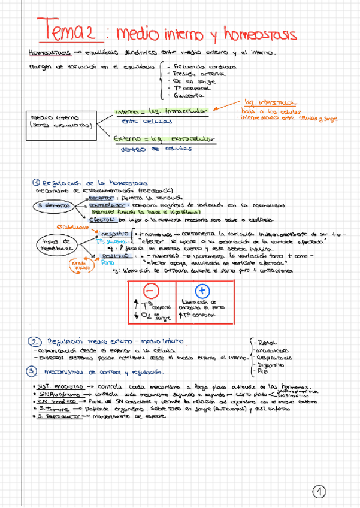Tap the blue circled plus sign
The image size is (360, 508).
[x=202, y=291]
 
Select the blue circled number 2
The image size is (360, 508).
[x=34, y=341]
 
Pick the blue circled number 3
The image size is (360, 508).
[x=33, y=371]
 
